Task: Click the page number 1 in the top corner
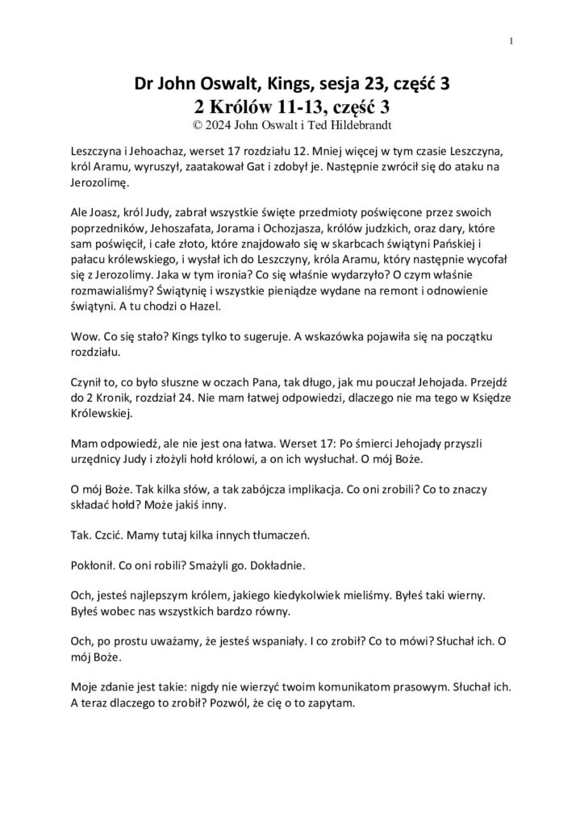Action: pyautogui.click(x=512, y=41)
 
